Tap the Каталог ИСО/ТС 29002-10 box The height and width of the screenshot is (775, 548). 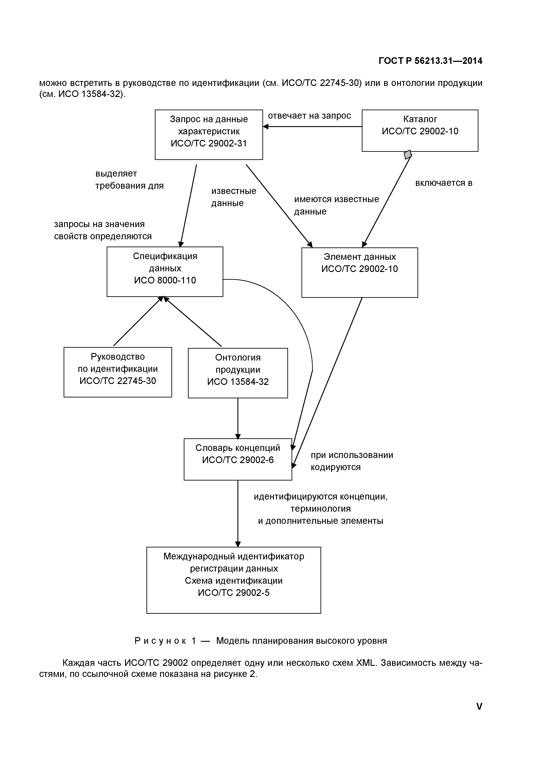click(x=420, y=130)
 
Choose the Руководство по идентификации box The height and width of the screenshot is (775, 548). click(x=118, y=372)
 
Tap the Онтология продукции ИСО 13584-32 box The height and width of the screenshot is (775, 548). click(x=238, y=373)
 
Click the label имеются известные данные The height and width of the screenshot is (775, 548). click(x=336, y=205)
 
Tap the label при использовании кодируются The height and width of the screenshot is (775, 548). click(x=352, y=461)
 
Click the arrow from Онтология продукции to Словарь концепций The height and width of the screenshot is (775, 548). click(x=238, y=419)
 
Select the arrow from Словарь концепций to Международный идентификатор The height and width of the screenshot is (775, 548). click(x=238, y=513)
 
